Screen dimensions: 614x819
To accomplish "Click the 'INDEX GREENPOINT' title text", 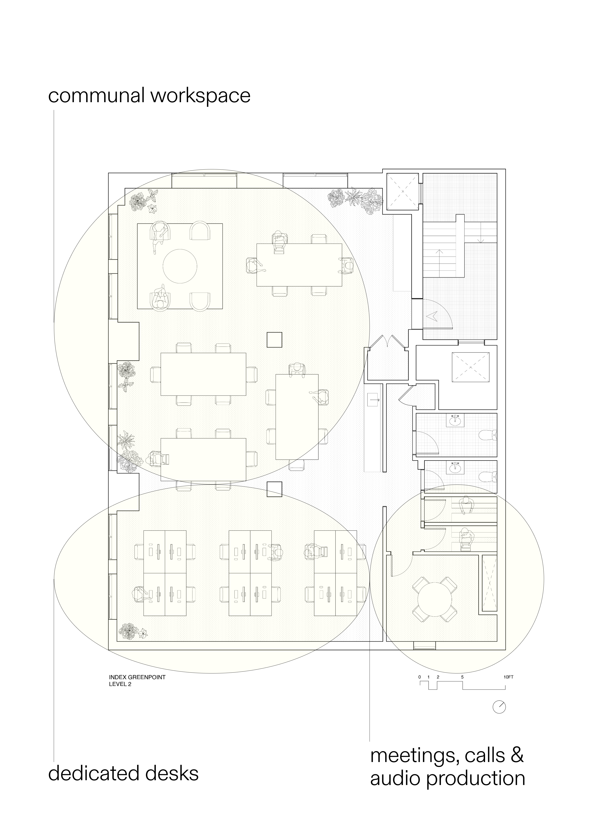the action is coord(137,677).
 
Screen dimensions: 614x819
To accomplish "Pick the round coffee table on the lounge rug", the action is coord(180,266).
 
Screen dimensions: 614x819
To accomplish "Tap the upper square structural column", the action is coord(274,340).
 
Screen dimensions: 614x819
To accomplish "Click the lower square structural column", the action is coord(274,489).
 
